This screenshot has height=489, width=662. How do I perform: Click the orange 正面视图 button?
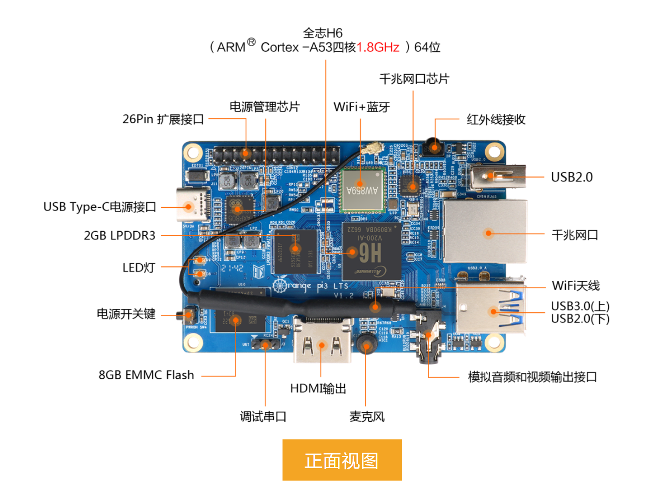pyautogui.click(x=342, y=460)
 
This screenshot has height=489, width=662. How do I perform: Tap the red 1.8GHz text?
pyautogui.click(x=378, y=47)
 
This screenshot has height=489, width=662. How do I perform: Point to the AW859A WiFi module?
pyautogui.click(x=362, y=189)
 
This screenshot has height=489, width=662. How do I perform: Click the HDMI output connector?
pyautogui.click(x=322, y=343)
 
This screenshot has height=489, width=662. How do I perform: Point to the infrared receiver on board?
pyautogui.click(x=434, y=147)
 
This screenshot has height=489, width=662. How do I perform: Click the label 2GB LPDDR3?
pyautogui.click(x=120, y=236)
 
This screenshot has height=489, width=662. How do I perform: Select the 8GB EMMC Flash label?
pyautogui.click(x=146, y=375)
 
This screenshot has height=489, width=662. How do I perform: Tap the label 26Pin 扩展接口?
pyautogui.click(x=163, y=119)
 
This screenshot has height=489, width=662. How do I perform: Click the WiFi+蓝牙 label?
pyautogui.click(x=361, y=107)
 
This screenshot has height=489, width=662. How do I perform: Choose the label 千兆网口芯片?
pyautogui.click(x=414, y=79)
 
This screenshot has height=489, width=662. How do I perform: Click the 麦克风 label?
pyautogui.click(x=367, y=417)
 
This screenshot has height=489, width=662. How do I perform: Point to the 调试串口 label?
pyautogui.click(x=263, y=417)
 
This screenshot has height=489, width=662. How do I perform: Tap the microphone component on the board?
pyautogui.click(x=366, y=344)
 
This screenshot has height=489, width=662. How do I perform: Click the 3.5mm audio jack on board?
pyautogui.click(x=428, y=337)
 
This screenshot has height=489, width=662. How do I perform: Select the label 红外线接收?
pyautogui.click(x=496, y=120)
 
